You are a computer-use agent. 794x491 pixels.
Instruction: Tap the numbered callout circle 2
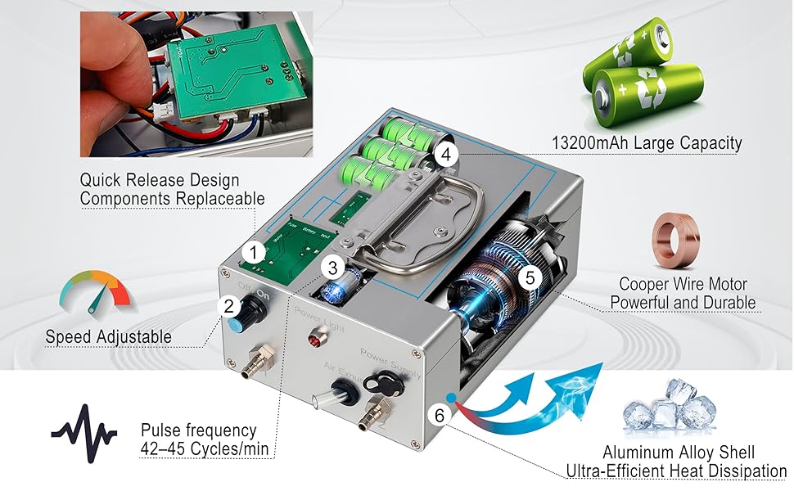[x=229, y=306]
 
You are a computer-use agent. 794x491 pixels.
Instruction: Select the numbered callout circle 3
[x=332, y=268]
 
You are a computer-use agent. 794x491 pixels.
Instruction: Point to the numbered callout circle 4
[x=445, y=155]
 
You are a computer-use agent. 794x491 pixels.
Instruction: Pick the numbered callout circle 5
[x=530, y=277]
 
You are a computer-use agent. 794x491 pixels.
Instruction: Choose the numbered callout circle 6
[x=439, y=415]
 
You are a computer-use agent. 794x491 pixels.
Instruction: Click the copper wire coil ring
[x=675, y=240]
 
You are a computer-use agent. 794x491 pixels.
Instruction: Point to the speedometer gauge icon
[x=95, y=293]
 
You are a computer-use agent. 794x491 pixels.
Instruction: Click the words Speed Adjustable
[x=108, y=336]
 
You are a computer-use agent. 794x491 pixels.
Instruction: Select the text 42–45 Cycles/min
[x=204, y=449]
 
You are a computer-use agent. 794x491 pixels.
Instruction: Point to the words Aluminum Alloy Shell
[x=679, y=452]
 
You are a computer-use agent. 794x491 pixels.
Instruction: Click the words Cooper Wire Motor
[x=683, y=284]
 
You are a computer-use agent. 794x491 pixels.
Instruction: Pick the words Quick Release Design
[x=160, y=180]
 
